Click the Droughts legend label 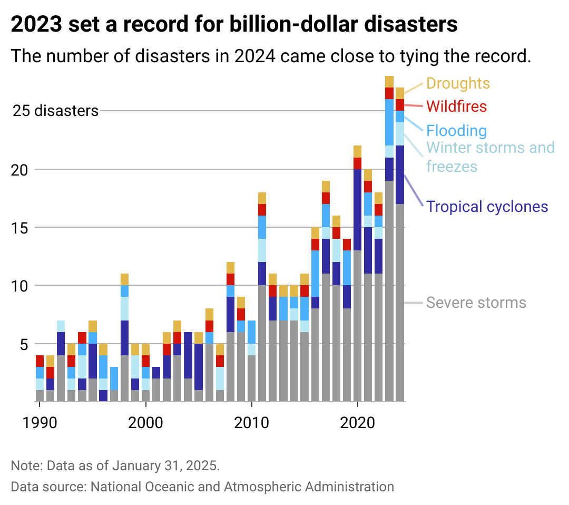[457, 83]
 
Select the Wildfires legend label [456, 106]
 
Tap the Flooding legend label [456, 131]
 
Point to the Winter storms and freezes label [490, 157]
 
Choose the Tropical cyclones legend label [487, 206]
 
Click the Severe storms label [476, 303]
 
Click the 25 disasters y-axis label [56, 111]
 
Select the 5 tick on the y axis [24, 344]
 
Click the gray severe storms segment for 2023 [389, 290]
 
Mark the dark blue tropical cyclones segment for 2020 [358, 210]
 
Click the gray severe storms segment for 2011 [262, 343]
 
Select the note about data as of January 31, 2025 [115, 466]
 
